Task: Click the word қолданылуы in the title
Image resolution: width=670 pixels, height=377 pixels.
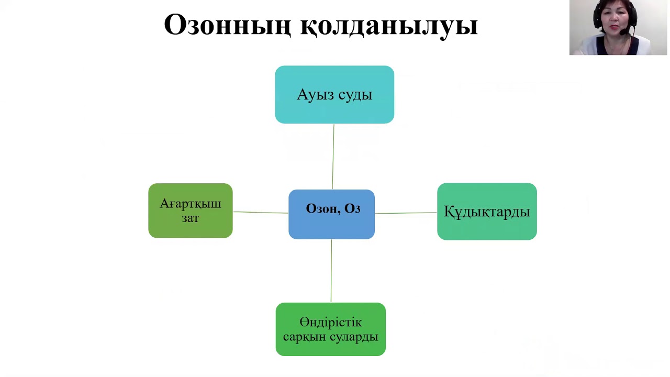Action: point(389,25)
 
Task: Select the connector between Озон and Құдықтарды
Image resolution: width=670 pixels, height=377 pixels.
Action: point(406,213)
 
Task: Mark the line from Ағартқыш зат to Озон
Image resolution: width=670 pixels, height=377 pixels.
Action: point(260,212)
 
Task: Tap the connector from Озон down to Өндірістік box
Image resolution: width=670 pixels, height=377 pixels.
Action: point(331,271)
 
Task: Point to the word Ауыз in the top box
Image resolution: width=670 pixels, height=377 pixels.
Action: point(312,95)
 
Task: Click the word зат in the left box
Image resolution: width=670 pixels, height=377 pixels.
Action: point(190,218)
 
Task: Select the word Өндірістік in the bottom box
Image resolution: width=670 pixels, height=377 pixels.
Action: point(330,322)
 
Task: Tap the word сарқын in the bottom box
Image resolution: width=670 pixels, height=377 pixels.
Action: point(303,337)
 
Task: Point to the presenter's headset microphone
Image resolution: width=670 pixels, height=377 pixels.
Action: point(623,32)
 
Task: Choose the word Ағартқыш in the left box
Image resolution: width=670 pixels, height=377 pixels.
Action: point(190,204)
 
